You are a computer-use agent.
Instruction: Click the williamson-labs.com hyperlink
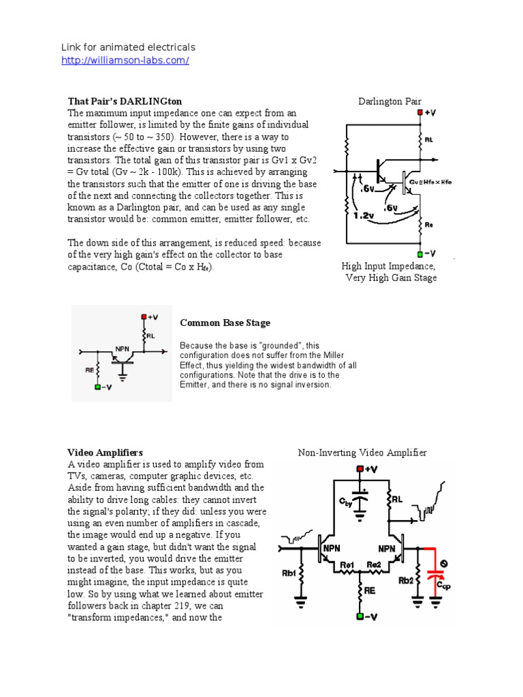(x=125, y=61)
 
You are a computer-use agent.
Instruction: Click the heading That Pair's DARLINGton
(x=125, y=101)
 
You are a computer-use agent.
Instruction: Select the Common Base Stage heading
(x=225, y=323)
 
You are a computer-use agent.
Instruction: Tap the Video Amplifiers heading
(x=105, y=452)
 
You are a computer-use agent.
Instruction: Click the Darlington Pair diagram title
(x=390, y=101)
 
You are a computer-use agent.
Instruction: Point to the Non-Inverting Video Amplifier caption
(x=362, y=452)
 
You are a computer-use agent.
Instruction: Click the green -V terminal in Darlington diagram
(x=420, y=253)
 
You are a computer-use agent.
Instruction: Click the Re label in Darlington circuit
(x=429, y=223)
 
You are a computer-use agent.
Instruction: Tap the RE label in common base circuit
(x=90, y=372)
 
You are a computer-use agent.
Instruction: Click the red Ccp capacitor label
(x=443, y=585)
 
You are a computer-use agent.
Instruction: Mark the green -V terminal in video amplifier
(x=360, y=617)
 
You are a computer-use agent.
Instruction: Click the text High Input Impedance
(x=388, y=265)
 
